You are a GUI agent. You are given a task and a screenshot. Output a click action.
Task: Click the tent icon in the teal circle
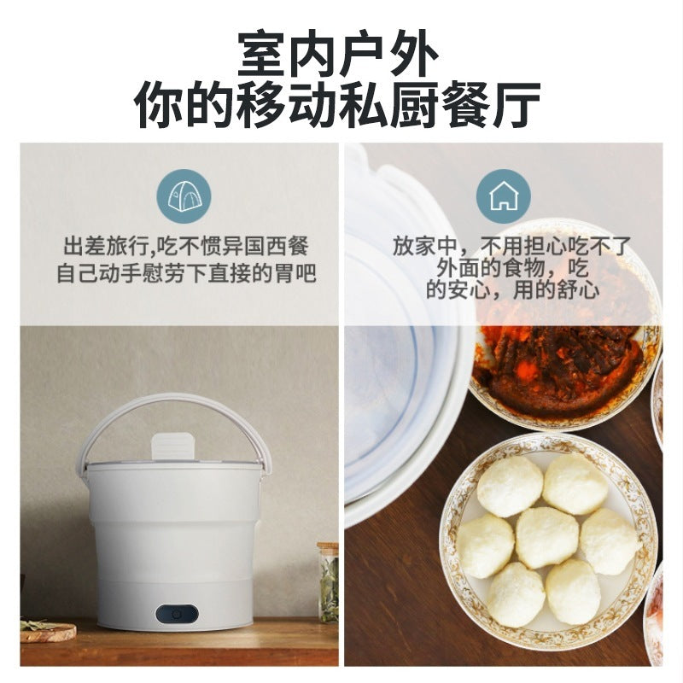[x=184, y=196]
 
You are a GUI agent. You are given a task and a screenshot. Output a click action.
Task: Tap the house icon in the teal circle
[x=504, y=196]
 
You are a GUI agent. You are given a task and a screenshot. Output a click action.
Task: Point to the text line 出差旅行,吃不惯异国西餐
[x=185, y=248]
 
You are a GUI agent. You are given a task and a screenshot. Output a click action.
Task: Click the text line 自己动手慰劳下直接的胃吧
[x=185, y=274]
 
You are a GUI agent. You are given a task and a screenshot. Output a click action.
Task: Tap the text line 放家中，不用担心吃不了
[x=512, y=247]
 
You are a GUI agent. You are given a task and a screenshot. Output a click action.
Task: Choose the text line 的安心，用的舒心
[x=512, y=290]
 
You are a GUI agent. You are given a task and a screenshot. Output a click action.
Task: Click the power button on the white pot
[x=177, y=613]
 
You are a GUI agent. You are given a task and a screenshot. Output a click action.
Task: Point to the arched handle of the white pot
[x=175, y=403]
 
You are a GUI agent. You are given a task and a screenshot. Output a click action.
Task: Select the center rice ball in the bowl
[x=546, y=537]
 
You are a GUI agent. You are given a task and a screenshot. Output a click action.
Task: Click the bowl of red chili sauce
[x=563, y=359]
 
